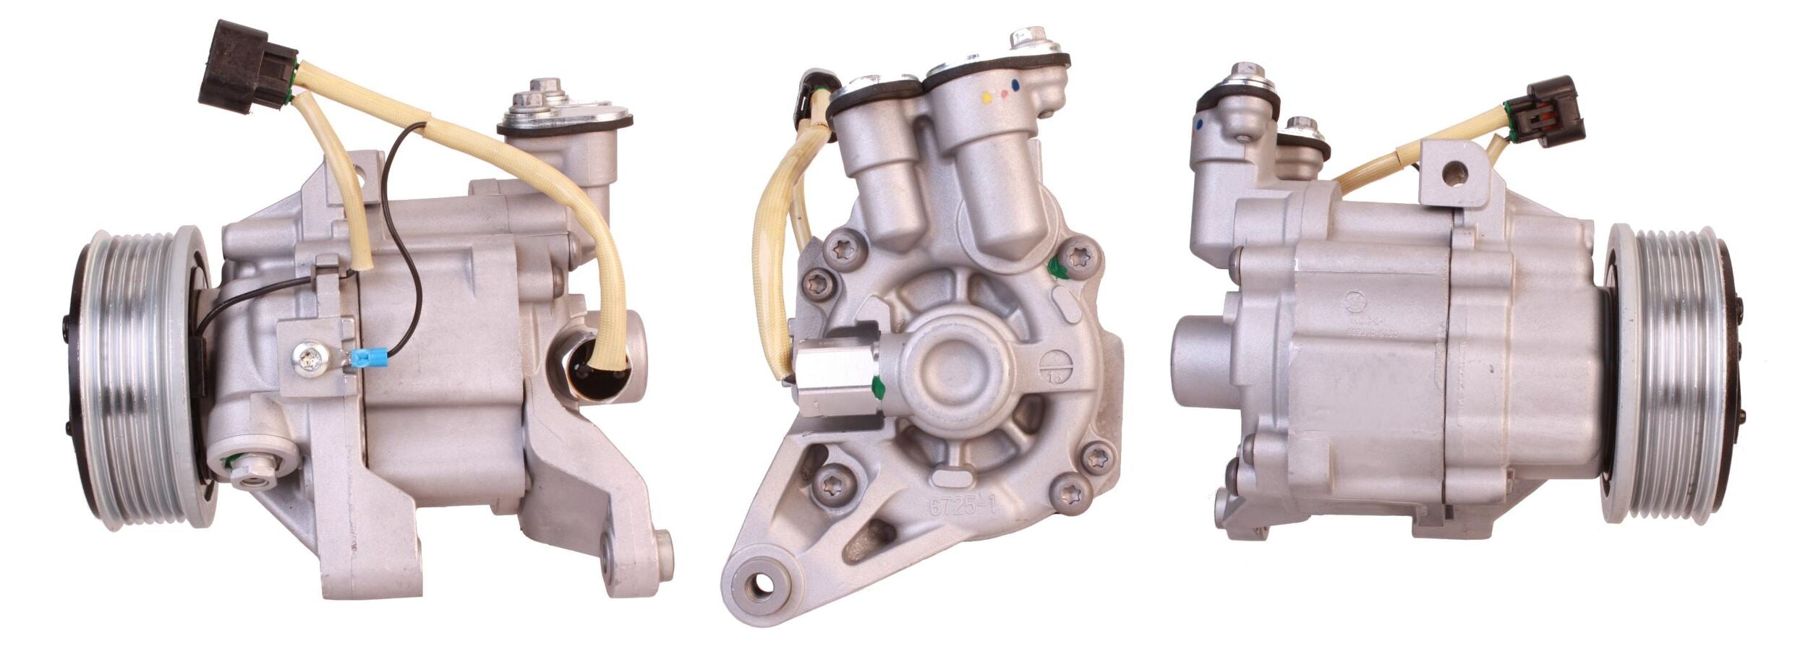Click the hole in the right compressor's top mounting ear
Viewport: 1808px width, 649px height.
coord(1454,172)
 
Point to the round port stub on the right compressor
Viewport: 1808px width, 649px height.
coord(1201,359)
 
